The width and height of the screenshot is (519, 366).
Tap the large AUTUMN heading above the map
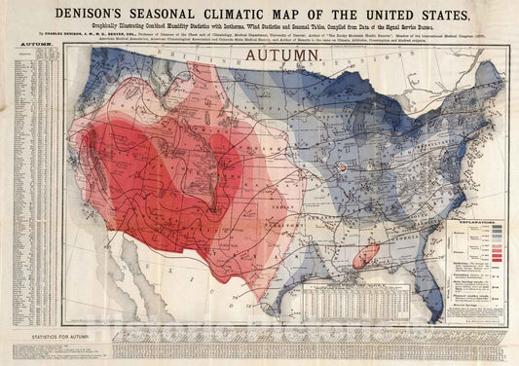point(281,56)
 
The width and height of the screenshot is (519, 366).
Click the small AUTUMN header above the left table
point(30,46)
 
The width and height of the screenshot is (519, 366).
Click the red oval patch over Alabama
point(364,257)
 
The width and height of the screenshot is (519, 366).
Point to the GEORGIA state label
point(401,243)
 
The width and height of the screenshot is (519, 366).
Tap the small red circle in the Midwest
point(345,168)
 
